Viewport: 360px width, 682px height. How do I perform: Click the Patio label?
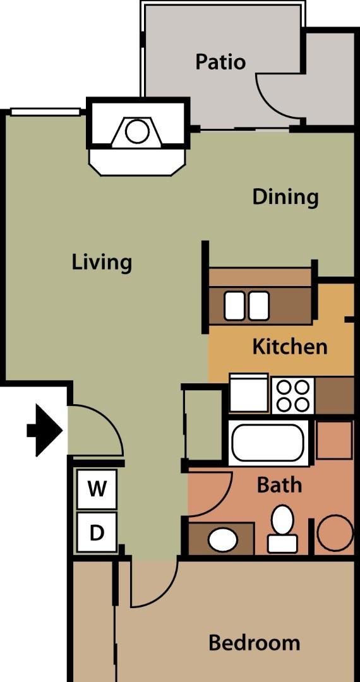click(x=220, y=62)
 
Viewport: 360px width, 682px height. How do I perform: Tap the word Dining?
click(x=285, y=197)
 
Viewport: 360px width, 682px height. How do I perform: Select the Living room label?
click(x=102, y=263)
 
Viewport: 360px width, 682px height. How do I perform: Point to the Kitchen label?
click(x=290, y=347)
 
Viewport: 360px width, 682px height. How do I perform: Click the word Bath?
click(x=280, y=484)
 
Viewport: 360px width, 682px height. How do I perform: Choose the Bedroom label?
click(x=255, y=642)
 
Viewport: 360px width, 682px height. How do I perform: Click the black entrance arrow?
click(x=45, y=431)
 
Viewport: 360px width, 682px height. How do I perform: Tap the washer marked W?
click(x=97, y=489)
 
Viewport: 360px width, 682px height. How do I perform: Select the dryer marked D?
click(x=97, y=532)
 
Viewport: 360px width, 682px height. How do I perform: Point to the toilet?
click(x=282, y=529)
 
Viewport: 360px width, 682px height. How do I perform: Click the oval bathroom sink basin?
click(x=222, y=540)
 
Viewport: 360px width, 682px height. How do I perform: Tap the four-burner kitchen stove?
click(x=293, y=396)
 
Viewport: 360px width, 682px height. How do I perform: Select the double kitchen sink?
click(x=246, y=306)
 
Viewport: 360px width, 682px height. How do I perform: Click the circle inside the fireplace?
click(x=137, y=131)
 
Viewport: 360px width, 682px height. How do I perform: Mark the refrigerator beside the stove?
click(x=248, y=393)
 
